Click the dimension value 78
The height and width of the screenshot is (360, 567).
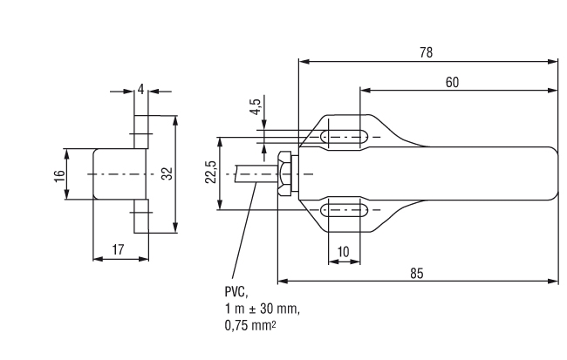coord(426,52)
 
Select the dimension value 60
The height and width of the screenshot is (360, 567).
coord(452,83)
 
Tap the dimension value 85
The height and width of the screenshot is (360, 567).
coord(417,273)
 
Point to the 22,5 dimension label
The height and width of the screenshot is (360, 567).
coord(211,172)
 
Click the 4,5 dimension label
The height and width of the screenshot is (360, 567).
coord(256,107)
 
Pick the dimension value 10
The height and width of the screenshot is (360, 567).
coord(344,252)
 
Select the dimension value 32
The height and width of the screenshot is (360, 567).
coord(167,173)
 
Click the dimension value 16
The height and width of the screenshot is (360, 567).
coord(59,176)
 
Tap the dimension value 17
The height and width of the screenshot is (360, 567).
coord(118,249)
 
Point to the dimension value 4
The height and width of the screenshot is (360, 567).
coord(141,89)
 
